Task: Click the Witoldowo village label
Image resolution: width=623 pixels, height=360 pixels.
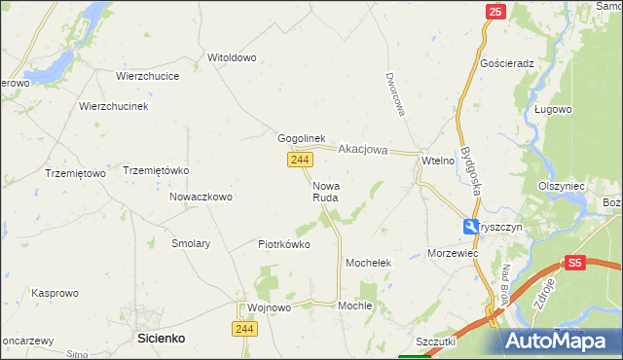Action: [232, 57]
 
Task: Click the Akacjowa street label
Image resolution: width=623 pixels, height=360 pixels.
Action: [363, 150]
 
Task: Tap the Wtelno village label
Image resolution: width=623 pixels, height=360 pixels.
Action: [438, 161]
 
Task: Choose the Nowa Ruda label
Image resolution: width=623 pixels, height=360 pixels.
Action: [326, 191]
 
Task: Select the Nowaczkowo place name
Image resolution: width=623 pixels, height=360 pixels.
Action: [201, 197]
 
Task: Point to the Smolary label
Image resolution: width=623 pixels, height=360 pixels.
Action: [191, 244]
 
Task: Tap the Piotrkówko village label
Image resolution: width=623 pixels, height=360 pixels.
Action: [284, 244]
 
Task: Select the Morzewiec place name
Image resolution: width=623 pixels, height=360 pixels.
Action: [453, 253]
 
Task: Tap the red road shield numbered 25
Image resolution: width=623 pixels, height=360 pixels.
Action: [495, 12]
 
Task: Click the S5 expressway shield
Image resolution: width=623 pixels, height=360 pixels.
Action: [575, 263]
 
